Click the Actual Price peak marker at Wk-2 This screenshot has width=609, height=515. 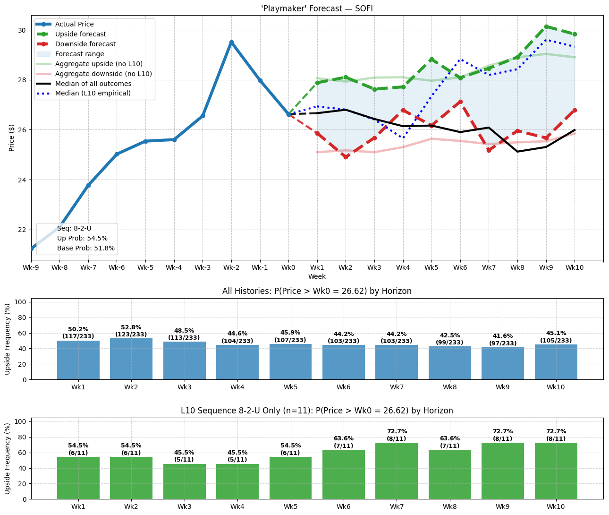231,42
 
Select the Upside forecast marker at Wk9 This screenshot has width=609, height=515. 546,26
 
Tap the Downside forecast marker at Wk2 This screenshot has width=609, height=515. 346,157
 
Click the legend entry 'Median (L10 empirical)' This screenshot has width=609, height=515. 93,93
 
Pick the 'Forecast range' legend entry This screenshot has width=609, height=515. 79,54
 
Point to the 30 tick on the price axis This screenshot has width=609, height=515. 22,30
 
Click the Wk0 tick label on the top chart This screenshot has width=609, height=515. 288,267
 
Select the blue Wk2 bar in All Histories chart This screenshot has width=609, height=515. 131,359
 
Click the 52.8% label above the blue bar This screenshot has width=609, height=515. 131,327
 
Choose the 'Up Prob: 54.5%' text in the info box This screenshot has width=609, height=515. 82,238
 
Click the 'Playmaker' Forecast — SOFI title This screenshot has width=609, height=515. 317,9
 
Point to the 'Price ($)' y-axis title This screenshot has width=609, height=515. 12,137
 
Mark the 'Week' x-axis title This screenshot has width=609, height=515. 317,276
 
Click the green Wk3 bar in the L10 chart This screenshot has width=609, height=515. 185,481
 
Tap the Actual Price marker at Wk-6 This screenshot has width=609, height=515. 117,154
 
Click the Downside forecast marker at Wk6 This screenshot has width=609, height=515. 460,102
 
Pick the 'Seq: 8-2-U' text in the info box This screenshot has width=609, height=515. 74,228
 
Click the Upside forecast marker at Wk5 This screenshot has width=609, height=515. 431,59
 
